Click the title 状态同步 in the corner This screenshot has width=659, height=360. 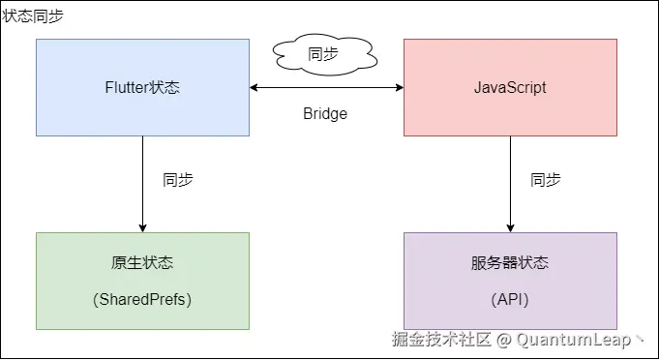tap(33, 16)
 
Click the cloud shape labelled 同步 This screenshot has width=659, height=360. tap(322, 55)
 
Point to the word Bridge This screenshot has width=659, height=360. tap(325, 113)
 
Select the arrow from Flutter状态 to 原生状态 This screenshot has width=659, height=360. tap(142, 184)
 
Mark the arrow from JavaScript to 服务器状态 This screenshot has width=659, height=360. tap(510, 184)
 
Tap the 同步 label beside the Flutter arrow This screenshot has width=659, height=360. tap(178, 179)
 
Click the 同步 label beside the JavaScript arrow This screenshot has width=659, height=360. tap(546, 179)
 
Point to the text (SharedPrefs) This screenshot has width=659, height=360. tap(142, 299)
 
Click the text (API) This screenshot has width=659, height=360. tap(510, 299)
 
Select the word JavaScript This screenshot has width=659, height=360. tap(510, 88)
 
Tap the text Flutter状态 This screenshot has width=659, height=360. tap(142, 88)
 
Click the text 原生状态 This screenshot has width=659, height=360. tap(142, 263)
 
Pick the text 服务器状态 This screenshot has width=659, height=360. tap(510, 263)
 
